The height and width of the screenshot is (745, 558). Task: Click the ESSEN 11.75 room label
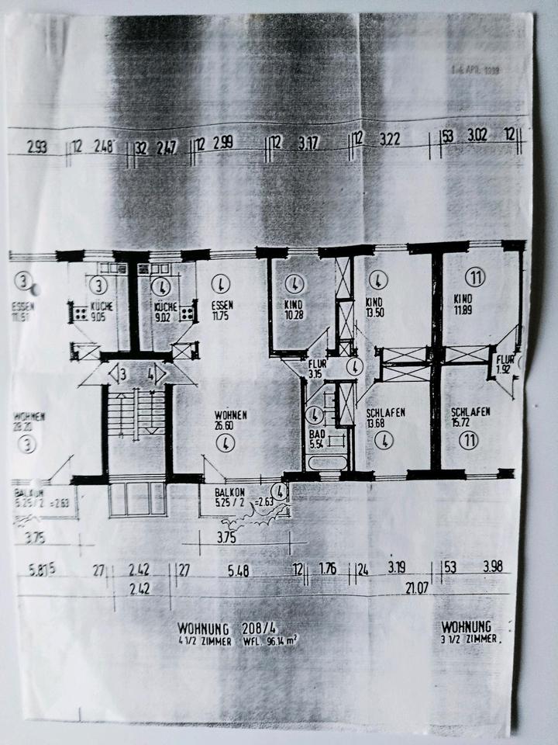(x=222, y=311)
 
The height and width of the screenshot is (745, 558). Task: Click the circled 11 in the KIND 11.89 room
(x=474, y=275)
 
